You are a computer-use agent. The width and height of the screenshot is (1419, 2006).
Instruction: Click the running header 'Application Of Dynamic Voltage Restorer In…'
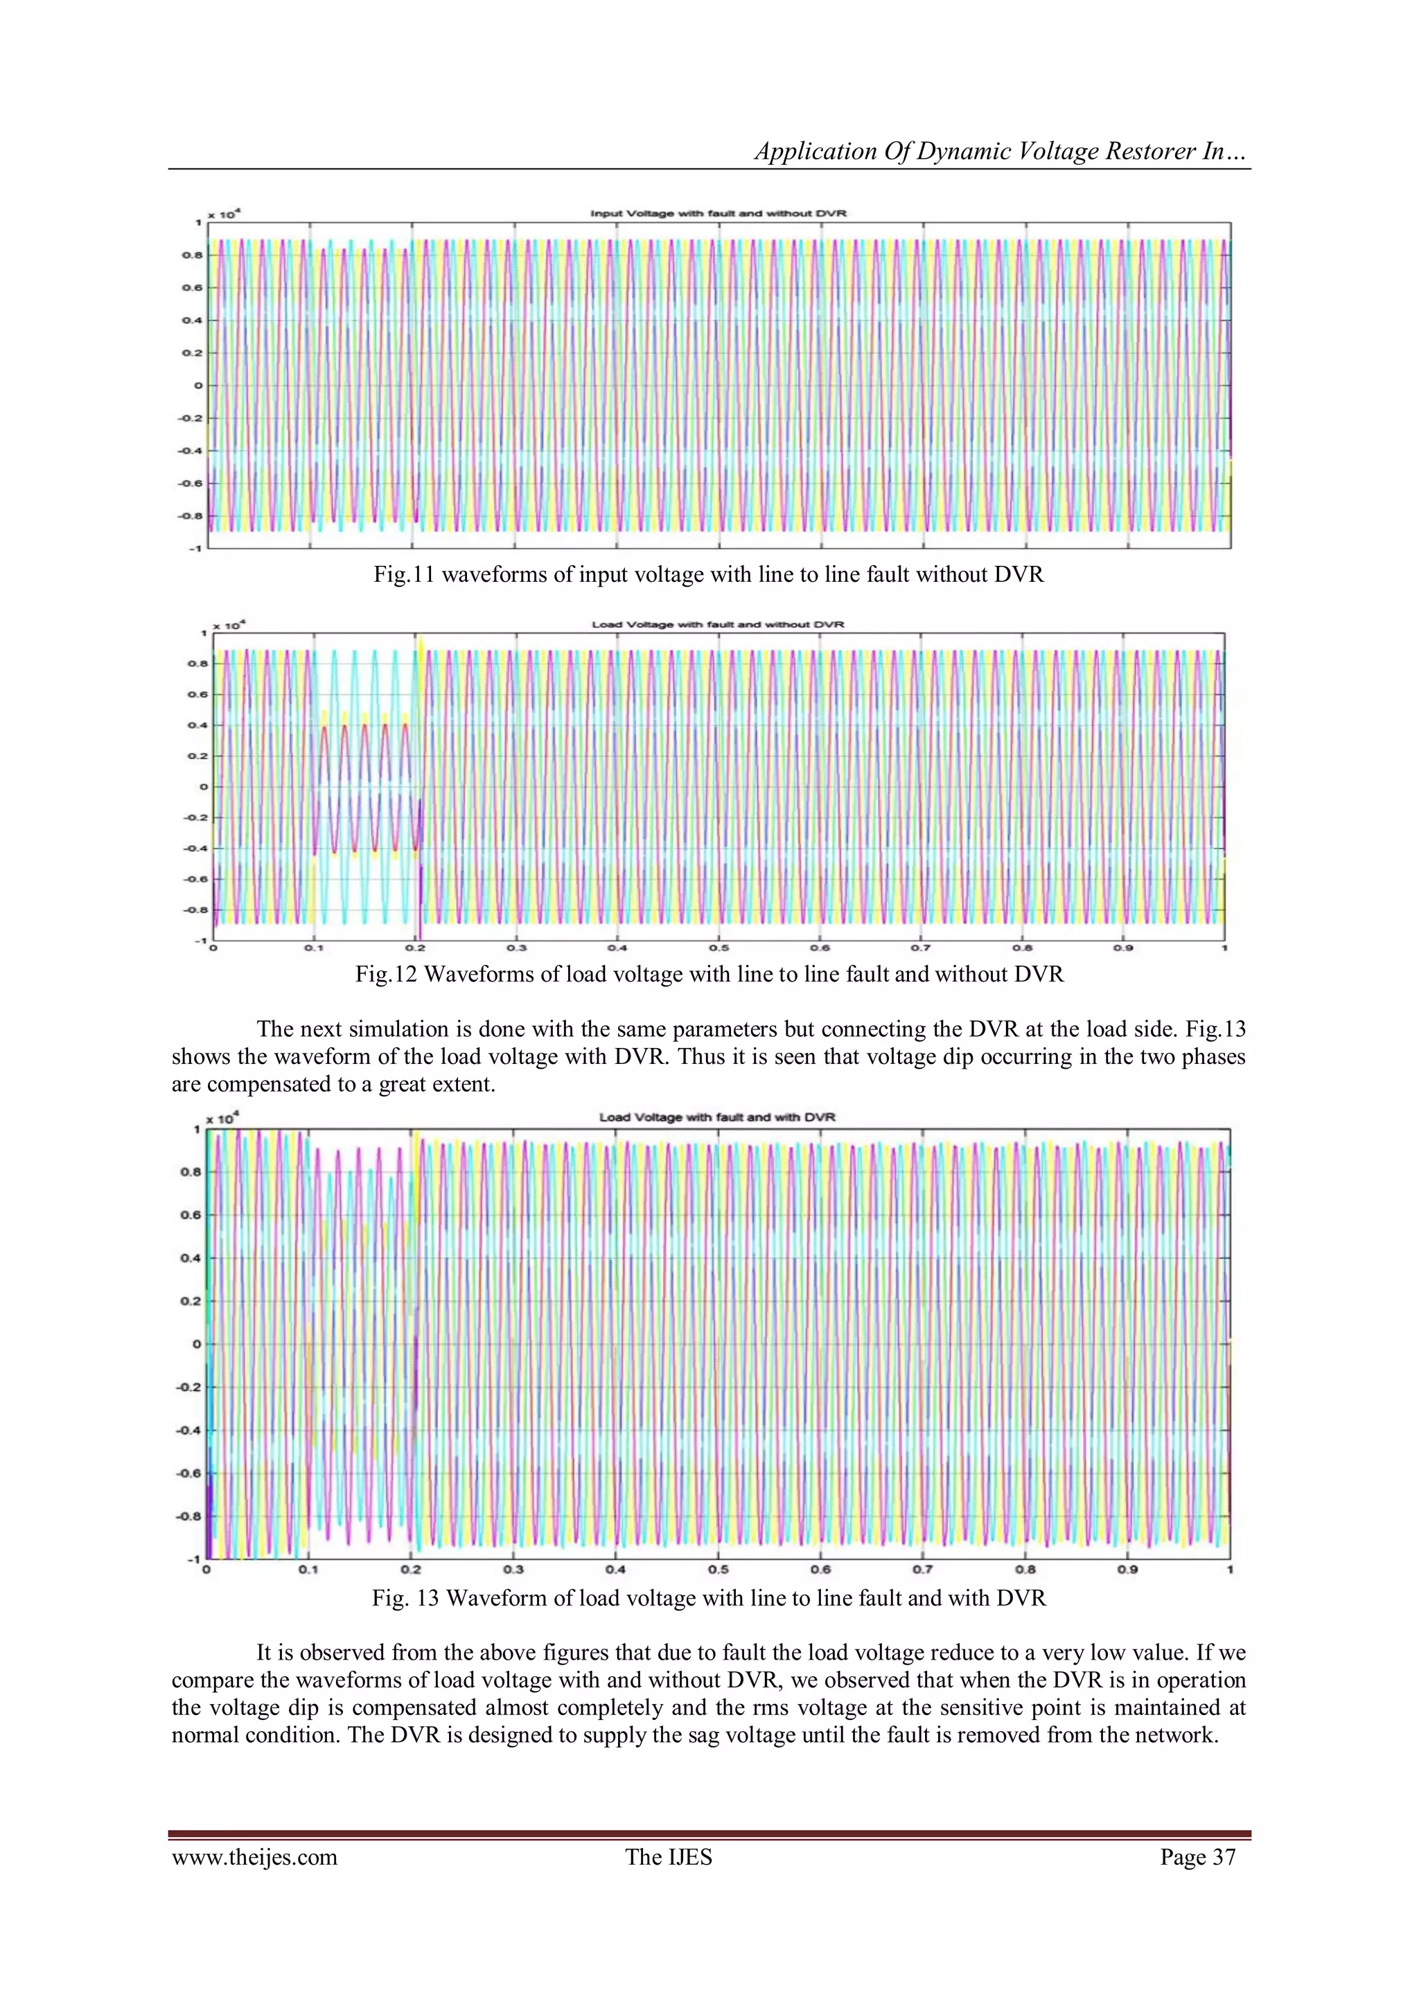[x=1001, y=151]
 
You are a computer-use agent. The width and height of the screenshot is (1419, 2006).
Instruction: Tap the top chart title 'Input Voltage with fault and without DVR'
[x=719, y=213]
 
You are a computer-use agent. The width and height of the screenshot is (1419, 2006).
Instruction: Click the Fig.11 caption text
[x=709, y=574]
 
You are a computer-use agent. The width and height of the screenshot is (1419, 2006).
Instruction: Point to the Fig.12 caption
[x=709, y=974]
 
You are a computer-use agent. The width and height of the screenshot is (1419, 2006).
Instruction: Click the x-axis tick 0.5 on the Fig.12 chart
[x=719, y=948]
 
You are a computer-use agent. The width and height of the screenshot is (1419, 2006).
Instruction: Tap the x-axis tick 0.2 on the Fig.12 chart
[x=415, y=948]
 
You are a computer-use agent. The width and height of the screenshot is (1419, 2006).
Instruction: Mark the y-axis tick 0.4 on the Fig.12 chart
[x=197, y=725]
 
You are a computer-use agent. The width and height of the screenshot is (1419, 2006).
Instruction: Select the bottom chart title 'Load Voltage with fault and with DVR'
[x=717, y=1117]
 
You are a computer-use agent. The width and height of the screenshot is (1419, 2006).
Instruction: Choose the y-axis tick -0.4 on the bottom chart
[x=188, y=1430]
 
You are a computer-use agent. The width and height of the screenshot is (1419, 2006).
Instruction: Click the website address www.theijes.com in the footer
[x=254, y=1858]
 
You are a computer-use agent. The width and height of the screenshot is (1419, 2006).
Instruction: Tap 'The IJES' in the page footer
[x=669, y=1858]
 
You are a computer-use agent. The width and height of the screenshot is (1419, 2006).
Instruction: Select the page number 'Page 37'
[x=1197, y=1858]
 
